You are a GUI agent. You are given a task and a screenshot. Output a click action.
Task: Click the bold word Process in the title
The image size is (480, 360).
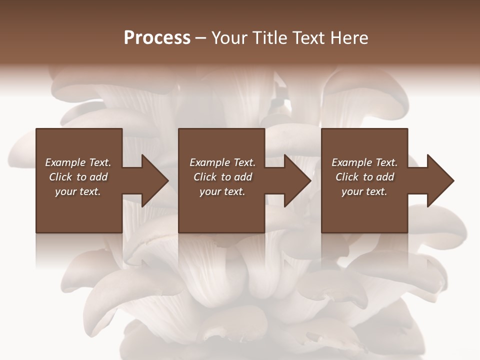[x=157, y=38]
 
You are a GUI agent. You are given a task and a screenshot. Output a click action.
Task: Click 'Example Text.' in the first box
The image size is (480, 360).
[x=78, y=162]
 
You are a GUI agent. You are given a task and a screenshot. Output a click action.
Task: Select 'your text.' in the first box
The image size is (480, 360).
[x=78, y=191]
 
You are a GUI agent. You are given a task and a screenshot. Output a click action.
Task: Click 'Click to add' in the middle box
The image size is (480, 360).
[x=222, y=177]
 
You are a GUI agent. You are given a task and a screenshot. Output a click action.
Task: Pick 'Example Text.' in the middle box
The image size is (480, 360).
[x=222, y=162]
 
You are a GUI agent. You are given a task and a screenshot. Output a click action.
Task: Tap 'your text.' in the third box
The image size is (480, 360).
[x=364, y=191]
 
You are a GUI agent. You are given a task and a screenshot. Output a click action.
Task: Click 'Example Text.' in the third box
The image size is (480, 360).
[x=364, y=162]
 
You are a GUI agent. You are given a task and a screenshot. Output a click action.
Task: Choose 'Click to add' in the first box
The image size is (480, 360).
[x=78, y=177]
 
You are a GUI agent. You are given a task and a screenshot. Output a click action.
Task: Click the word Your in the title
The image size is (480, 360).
[x=228, y=38]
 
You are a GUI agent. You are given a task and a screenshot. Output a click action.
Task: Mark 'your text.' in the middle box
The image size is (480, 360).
[x=222, y=191]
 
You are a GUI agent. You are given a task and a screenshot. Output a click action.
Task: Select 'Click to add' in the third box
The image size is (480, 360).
[x=364, y=177]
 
